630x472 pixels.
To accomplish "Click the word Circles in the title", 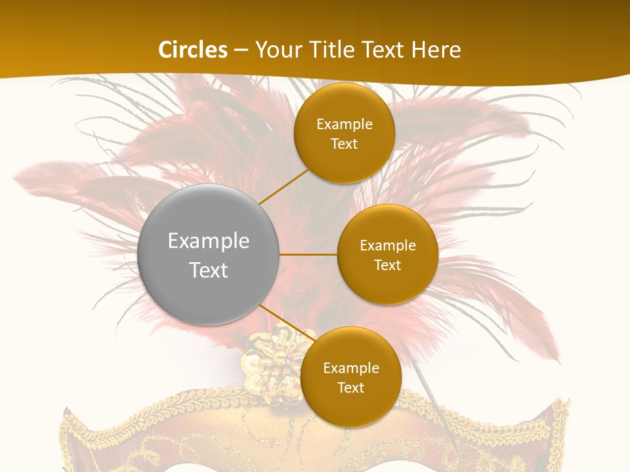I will [x=192, y=50].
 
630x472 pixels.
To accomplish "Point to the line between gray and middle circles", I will [x=308, y=254].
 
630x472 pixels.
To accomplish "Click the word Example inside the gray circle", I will [x=209, y=241].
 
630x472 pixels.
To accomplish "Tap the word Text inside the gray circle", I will [x=209, y=270].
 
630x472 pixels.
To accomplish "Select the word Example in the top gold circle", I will [x=344, y=125].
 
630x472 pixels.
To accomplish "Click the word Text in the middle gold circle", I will [x=387, y=265].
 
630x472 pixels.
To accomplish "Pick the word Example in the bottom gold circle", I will [x=350, y=368].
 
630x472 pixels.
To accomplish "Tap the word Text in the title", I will [x=380, y=50].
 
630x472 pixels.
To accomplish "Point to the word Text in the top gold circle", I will [x=344, y=144].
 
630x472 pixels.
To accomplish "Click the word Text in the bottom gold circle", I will [x=350, y=388].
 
